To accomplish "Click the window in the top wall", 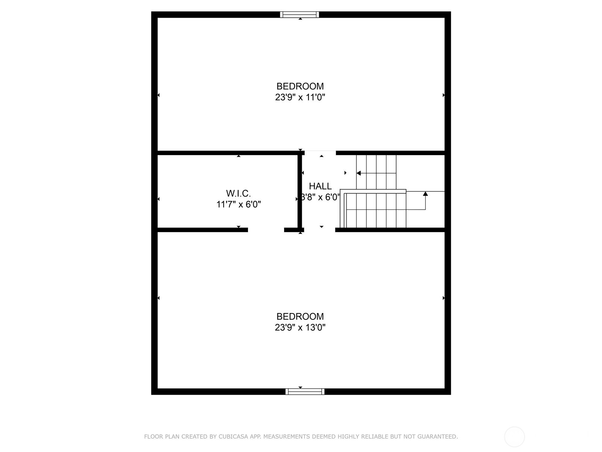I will (299, 15).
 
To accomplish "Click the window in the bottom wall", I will (305, 392).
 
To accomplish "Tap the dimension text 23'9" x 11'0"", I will (300, 98).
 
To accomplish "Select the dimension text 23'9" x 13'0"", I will (300, 328).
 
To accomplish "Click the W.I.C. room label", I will (238, 194).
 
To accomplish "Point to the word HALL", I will (320, 186).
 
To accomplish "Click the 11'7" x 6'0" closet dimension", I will (239, 205).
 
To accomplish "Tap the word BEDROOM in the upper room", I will (300, 86).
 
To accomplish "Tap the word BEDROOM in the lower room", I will (300, 316).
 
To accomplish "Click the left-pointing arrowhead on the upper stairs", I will (359, 173).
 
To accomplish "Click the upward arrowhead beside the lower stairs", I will (425, 194).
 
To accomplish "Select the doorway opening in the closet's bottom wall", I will (266, 230).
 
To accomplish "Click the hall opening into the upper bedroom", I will (320, 153).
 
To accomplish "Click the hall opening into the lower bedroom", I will (319, 230).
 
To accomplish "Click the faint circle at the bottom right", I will (514, 437).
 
